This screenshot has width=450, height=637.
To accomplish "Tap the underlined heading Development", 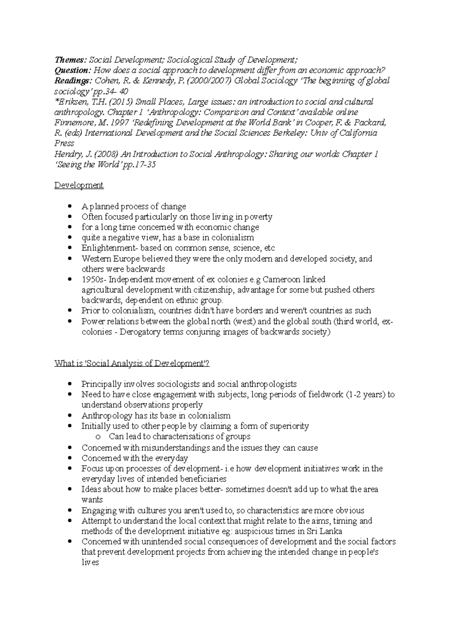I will coord(79,185).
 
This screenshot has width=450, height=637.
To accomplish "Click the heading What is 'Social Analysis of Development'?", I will coord(132,363).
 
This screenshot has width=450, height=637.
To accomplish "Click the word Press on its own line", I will coord(64,143).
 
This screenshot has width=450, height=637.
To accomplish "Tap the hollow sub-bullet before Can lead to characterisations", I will coord(98,437).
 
